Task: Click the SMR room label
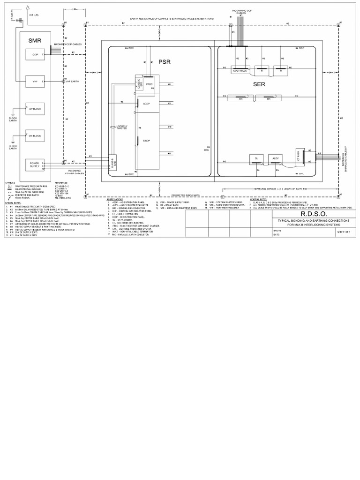pos(35,41)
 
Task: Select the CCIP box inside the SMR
pos(35,55)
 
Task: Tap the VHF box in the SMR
pos(35,82)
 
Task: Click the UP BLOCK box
pos(35,109)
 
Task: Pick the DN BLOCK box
pos(35,135)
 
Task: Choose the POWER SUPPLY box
pos(35,165)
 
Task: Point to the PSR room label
pos(165,62)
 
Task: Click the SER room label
pos(259,84)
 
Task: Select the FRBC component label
pos(150,84)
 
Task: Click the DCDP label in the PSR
pos(146,140)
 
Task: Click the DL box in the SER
pos(256,159)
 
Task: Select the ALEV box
pos(276,159)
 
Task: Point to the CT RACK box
pos(298,156)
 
